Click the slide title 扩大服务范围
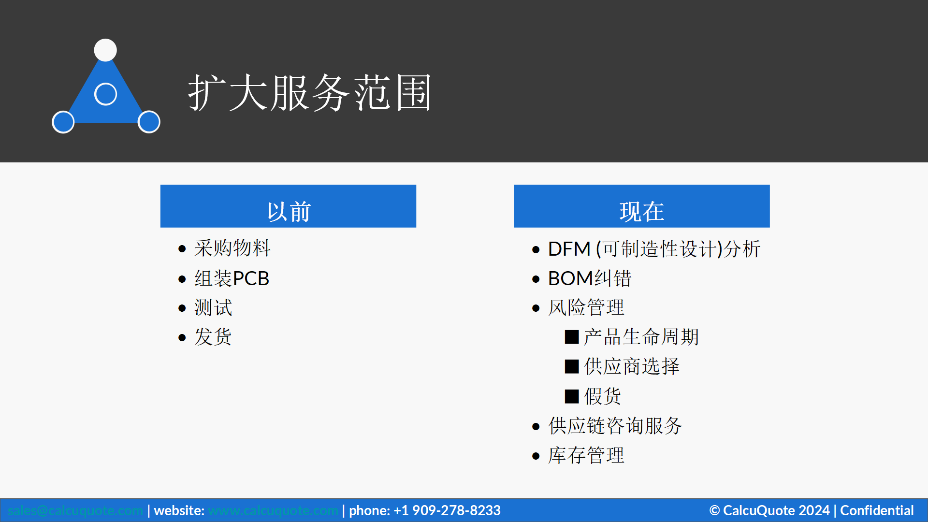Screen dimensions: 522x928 pyautogui.click(x=309, y=93)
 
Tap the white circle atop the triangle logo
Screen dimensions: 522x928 pyautogui.click(x=105, y=50)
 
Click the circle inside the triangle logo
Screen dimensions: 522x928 pyautogui.click(x=105, y=94)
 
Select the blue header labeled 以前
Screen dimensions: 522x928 pyautogui.click(x=288, y=206)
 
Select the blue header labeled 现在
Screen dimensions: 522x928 pyautogui.click(x=641, y=206)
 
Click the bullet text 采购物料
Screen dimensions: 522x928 pyautogui.click(x=232, y=248)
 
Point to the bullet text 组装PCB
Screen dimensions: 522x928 pyautogui.click(x=232, y=278)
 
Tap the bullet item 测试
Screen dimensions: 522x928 pyautogui.click(x=213, y=308)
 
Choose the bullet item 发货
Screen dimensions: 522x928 pyautogui.click(x=213, y=337)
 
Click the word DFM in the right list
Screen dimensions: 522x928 pyautogui.click(x=569, y=249)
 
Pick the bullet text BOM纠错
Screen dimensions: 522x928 pyautogui.click(x=589, y=278)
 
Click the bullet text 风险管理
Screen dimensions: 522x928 pyautogui.click(x=586, y=308)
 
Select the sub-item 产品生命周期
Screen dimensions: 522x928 pyautogui.click(x=641, y=337)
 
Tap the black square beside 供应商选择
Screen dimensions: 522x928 pyautogui.click(x=572, y=366)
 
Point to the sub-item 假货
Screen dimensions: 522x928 pyautogui.click(x=602, y=396)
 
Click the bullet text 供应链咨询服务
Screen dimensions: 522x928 pyautogui.click(x=615, y=426)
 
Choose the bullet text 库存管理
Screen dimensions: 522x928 pyautogui.click(x=586, y=455)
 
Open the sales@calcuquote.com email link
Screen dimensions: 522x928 pyautogui.click(x=75, y=510)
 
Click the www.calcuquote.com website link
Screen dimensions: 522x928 pyautogui.click(x=273, y=510)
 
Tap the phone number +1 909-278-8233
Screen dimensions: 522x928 pyautogui.click(x=447, y=510)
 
